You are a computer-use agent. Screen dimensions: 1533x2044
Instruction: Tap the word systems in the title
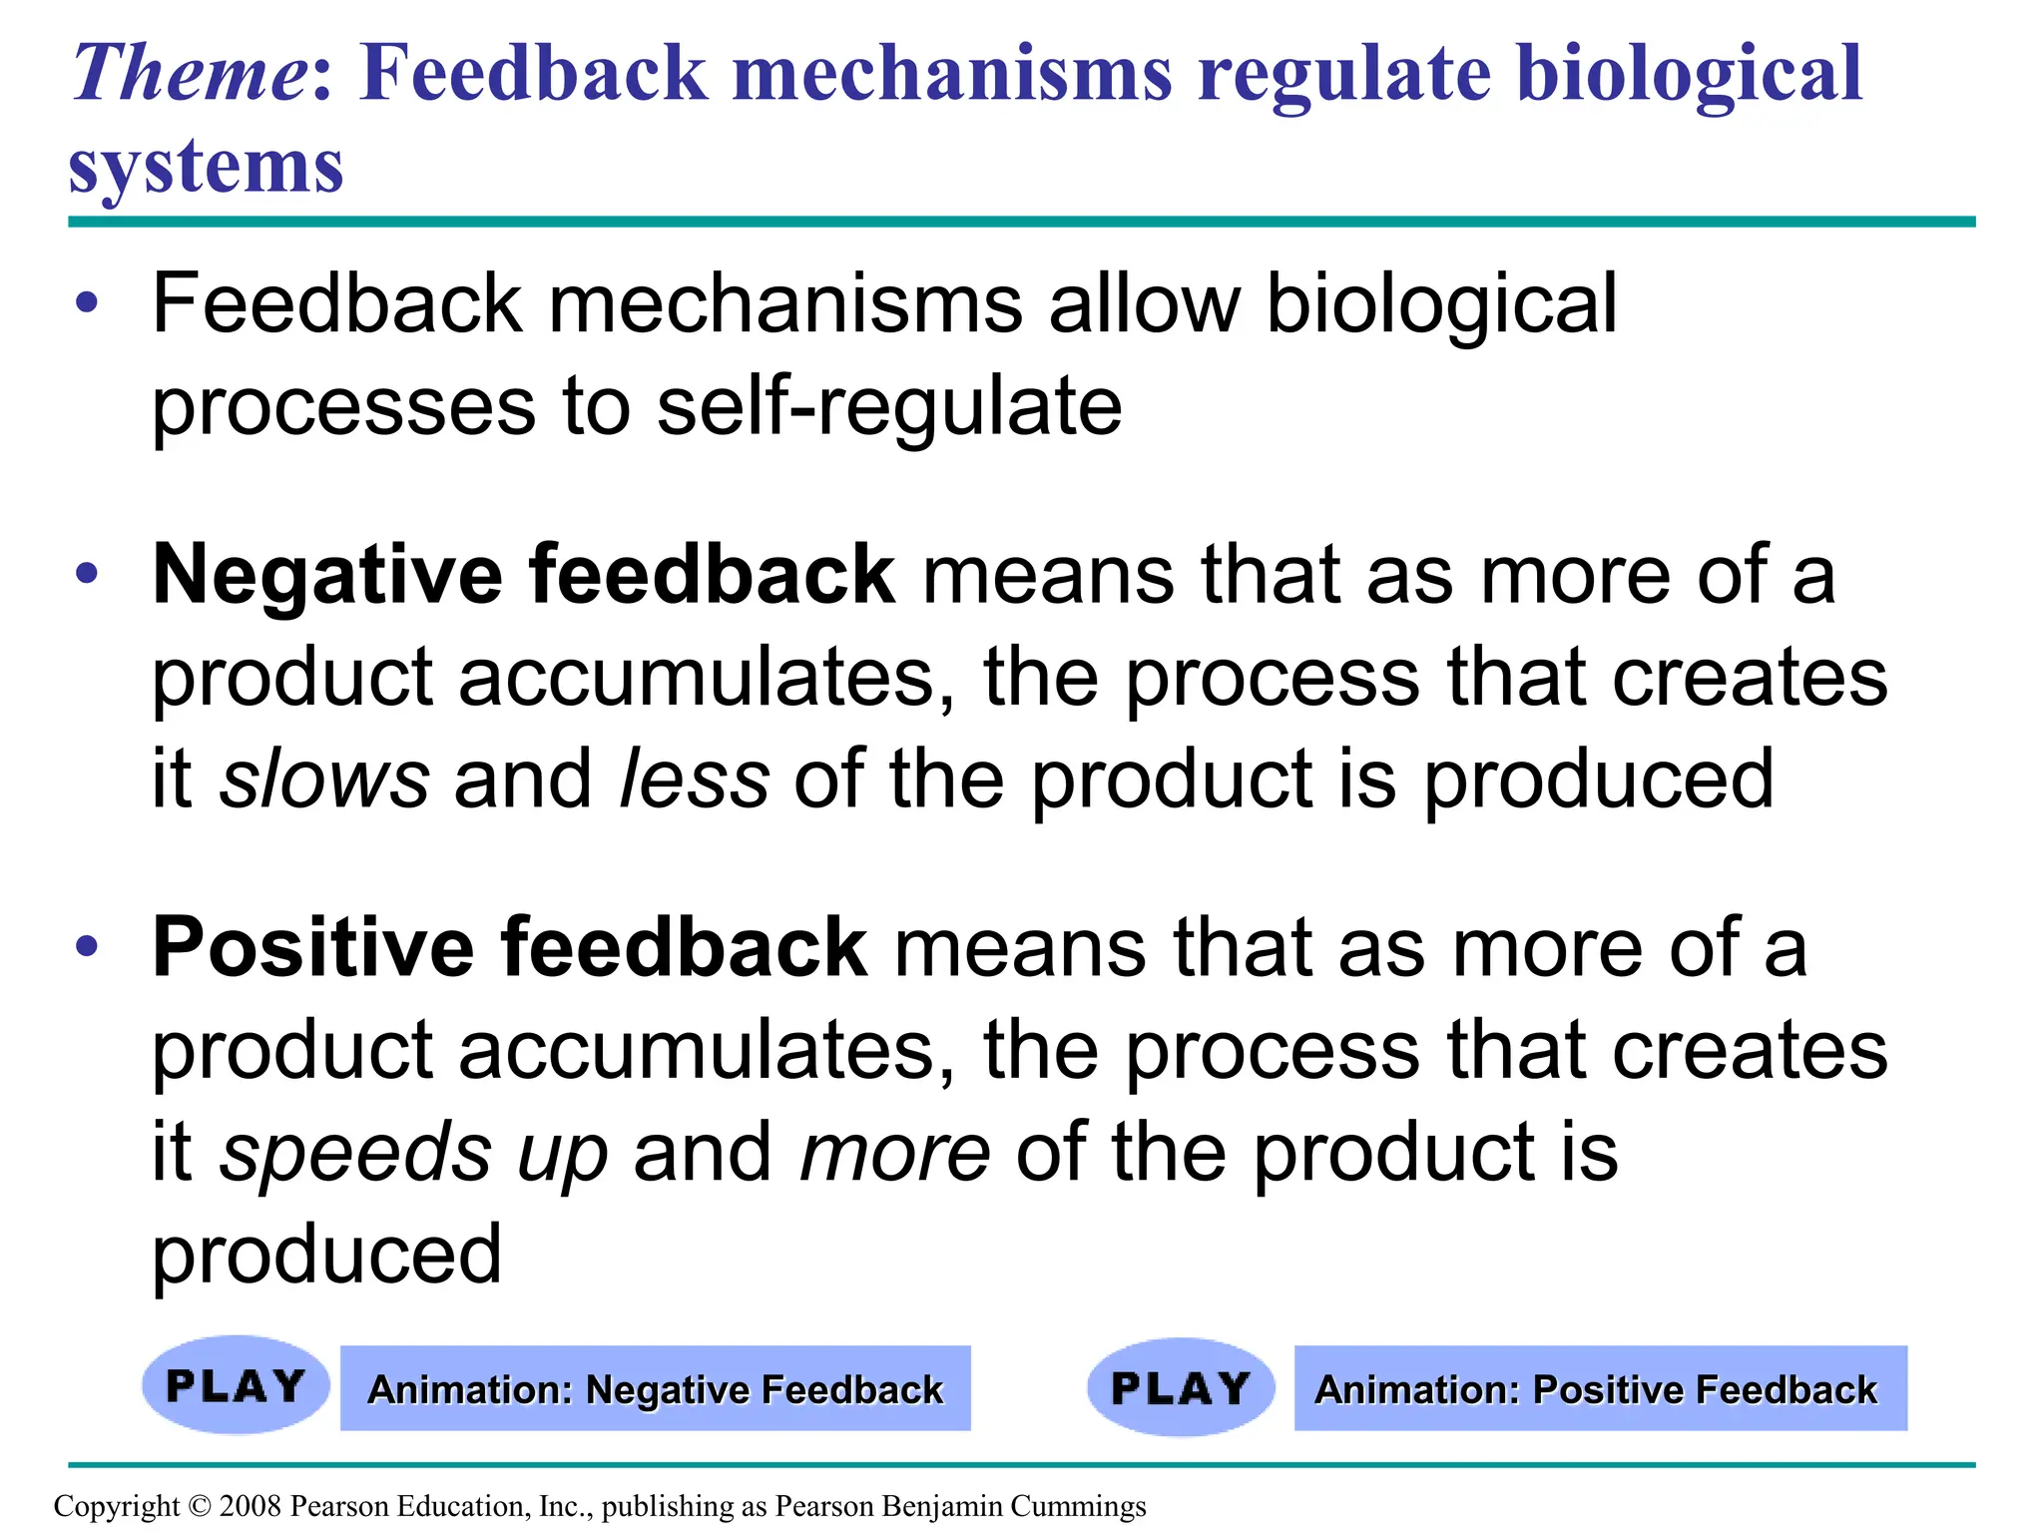[206, 167]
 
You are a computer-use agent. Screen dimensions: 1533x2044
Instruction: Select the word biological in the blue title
[1689, 75]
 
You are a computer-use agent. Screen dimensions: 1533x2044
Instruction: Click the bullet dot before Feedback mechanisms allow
[88, 302]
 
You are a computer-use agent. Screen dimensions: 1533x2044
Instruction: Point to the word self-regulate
[889, 407]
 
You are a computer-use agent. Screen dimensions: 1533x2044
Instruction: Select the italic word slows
[324, 779]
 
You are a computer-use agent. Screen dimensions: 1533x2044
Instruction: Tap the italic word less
[694, 779]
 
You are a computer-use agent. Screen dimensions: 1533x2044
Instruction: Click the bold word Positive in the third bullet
[311, 948]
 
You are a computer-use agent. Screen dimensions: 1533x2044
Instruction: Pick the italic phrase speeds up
[413, 1153]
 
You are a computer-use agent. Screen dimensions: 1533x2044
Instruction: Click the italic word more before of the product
[895, 1153]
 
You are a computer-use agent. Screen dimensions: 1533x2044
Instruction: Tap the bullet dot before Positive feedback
[88, 946]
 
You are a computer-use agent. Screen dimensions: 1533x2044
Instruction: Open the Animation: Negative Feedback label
[655, 1389]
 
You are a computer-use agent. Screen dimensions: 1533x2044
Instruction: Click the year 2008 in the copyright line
[250, 1506]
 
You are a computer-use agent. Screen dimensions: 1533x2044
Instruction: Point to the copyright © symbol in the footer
[200, 1506]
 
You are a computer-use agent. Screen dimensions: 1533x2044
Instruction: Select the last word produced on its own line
[326, 1255]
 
